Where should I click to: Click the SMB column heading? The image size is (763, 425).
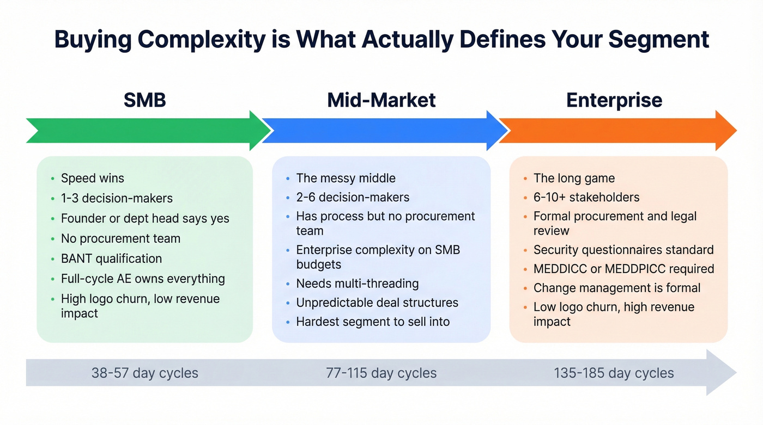tap(144, 100)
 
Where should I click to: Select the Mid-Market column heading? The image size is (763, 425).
tap(381, 100)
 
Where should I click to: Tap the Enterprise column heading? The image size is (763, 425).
tap(614, 100)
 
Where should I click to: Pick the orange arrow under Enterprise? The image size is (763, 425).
tap(616, 131)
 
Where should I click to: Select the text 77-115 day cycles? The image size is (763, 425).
tap(381, 373)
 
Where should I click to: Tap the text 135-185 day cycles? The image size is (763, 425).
tap(614, 373)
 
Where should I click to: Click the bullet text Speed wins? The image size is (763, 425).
tap(92, 178)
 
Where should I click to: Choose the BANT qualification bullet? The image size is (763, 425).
tap(111, 258)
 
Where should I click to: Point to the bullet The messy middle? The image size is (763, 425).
tap(346, 178)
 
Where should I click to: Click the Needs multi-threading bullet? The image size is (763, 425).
tap(357, 284)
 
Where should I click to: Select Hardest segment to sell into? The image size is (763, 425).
tap(373, 322)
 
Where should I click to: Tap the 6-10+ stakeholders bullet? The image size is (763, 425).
tap(586, 198)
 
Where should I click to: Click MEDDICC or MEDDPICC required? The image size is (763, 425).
tap(623, 269)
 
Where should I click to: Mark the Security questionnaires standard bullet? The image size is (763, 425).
tap(623, 250)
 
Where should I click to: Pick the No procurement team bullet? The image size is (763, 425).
tap(120, 238)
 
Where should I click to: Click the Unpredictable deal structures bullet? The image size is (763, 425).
tap(377, 303)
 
